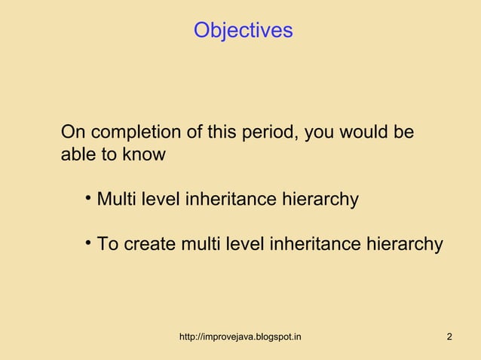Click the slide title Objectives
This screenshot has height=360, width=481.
243,30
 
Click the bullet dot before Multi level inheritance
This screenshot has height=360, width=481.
88,199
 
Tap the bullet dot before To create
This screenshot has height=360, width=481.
88,243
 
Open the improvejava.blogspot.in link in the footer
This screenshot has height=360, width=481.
240,336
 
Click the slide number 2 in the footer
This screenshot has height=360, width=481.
449,336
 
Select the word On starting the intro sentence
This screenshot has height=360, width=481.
72,133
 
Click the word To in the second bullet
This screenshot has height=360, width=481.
107,245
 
